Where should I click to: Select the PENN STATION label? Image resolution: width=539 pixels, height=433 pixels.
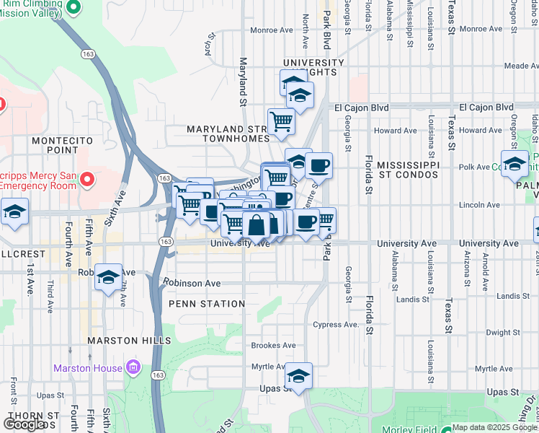click(202, 304)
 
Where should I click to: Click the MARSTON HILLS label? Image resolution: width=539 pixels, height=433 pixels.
click(129, 340)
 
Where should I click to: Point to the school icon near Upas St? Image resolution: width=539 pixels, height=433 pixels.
click(299, 375)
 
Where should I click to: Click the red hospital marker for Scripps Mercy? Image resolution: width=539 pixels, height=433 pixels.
click(87, 178)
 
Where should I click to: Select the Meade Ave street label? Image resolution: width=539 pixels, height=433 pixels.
click(520, 65)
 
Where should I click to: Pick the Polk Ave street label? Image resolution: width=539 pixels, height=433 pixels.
click(473, 167)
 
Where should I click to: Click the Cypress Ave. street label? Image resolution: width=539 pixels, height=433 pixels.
click(336, 325)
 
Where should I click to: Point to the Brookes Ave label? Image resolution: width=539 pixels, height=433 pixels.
click(273, 346)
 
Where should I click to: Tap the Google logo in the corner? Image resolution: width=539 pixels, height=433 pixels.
click(24, 424)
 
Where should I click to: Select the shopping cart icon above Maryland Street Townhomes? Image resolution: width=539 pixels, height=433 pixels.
click(280, 121)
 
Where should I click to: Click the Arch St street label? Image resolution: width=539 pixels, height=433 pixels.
click(210, 45)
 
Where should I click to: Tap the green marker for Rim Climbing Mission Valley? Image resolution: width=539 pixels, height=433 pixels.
click(73, 7)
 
